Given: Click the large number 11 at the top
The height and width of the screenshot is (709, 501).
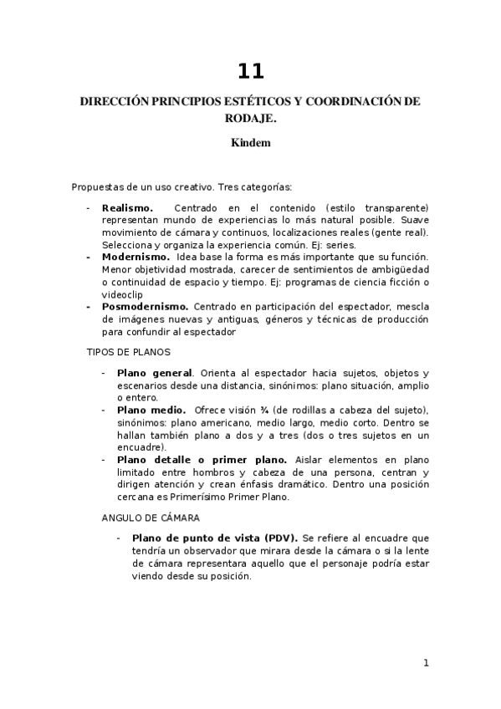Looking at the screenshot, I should click(x=250, y=71).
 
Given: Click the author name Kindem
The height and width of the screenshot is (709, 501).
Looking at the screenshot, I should click(x=250, y=142).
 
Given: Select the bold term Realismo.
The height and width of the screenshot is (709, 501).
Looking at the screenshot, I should click(x=127, y=207).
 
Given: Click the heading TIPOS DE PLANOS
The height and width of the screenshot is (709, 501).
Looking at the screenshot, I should click(x=128, y=352).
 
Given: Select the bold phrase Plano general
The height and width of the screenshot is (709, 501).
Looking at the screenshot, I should click(x=155, y=373).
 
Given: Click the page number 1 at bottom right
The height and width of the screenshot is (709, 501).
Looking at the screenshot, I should click(x=426, y=663).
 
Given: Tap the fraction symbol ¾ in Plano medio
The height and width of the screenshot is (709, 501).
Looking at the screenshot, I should click(x=243, y=410).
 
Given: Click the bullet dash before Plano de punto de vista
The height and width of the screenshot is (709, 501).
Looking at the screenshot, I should click(x=120, y=538).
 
